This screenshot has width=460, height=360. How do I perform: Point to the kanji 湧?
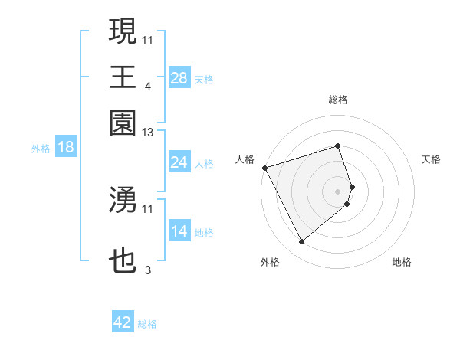point(123,199)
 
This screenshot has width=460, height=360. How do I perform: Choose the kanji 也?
point(123,262)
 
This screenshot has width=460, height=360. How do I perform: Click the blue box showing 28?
point(179,78)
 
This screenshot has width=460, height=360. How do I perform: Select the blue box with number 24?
point(179,162)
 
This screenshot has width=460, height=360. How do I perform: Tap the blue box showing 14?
point(179,232)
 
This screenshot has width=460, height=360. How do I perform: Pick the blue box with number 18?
point(66,148)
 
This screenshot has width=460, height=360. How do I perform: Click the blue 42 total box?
point(123,322)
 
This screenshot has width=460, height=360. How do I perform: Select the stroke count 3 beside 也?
point(148,270)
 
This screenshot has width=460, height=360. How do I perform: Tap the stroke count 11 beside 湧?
point(148,208)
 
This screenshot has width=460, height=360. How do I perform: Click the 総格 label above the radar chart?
point(338,100)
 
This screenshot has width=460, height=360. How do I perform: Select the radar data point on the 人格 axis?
point(264,167)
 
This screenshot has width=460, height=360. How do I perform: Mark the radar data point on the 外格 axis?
point(301,242)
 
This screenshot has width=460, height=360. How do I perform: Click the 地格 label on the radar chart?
point(402,263)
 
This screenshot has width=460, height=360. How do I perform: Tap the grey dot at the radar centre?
point(338,191)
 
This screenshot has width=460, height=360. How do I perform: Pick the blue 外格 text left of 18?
point(40,149)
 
